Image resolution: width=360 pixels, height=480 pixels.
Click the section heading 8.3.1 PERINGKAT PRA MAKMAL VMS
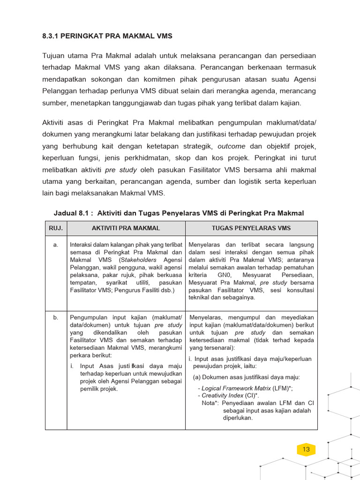click(x=107, y=36)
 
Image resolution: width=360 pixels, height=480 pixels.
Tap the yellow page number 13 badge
click(x=306, y=450)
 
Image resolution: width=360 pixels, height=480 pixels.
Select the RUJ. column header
click(x=56, y=228)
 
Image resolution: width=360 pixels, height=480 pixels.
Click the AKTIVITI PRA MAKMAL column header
click(x=126, y=228)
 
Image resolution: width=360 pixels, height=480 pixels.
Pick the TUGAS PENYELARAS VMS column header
click(x=251, y=228)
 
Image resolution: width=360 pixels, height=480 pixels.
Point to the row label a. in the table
click(x=56, y=244)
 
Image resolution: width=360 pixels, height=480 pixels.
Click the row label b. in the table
click(x=56, y=317)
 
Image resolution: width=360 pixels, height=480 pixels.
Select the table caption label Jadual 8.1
click(x=71, y=213)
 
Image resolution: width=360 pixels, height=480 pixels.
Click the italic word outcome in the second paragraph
click(x=232, y=146)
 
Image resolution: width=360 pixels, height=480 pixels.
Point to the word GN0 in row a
click(x=224, y=275)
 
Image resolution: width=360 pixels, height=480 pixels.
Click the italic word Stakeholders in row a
click(x=139, y=260)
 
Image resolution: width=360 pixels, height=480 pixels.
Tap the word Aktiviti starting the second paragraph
click(x=55, y=123)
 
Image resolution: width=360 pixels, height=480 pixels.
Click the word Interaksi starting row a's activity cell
click(x=83, y=244)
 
